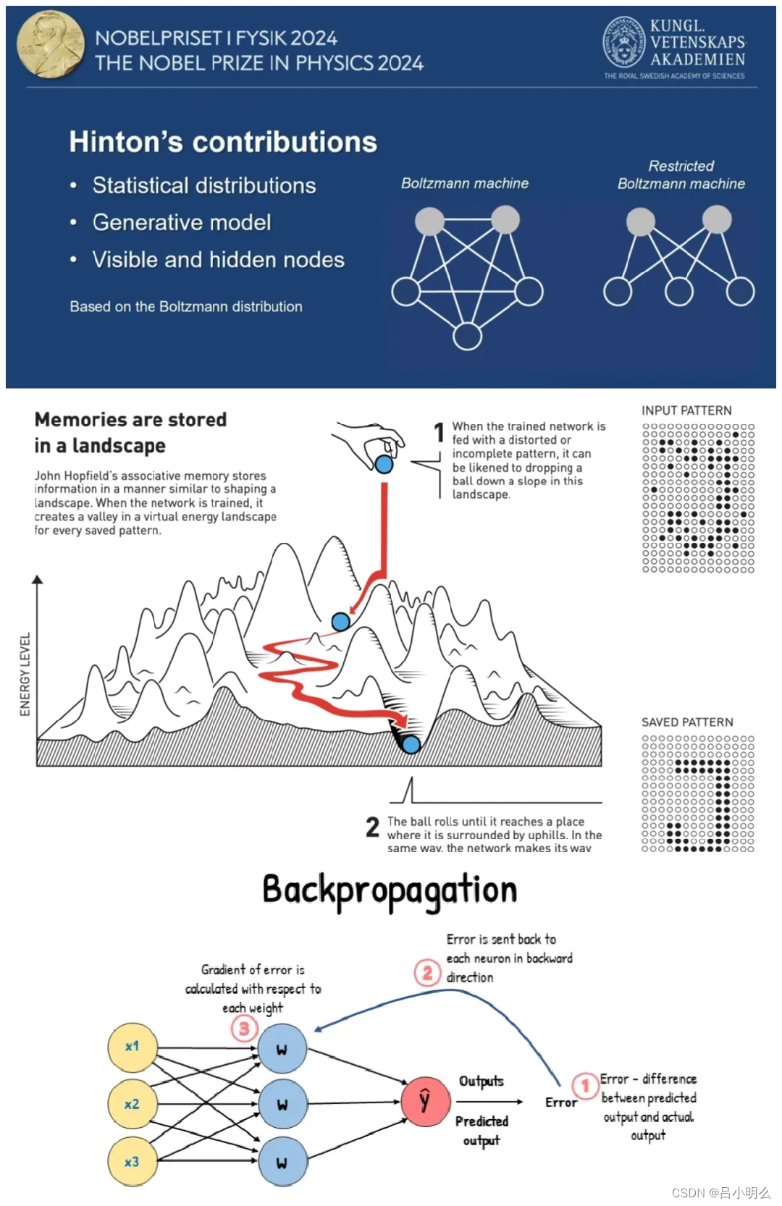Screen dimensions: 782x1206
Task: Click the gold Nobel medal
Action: [50, 44]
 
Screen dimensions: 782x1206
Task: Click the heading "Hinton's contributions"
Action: [223, 142]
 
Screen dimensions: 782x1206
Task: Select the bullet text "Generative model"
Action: [182, 222]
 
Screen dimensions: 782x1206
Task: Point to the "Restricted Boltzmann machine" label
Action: [681, 175]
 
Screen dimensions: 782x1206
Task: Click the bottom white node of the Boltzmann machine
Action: [467, 337]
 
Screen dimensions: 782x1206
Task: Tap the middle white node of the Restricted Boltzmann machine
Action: [679, 292]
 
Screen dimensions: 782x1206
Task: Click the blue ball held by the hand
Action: [384, 463]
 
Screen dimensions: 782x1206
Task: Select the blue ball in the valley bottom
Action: [411, 744]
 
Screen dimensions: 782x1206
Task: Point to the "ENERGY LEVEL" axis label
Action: [25, 674]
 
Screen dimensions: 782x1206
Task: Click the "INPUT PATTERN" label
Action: [686, 410]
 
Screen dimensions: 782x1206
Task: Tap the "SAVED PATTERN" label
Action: [687, 722]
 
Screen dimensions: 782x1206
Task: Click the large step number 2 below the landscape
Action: [372, 827]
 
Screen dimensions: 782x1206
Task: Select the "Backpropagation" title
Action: [390, 890]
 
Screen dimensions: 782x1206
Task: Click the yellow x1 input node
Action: [132, 1047]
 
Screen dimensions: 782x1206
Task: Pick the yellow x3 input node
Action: [132, 1162]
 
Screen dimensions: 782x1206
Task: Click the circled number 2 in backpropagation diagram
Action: [427, 973]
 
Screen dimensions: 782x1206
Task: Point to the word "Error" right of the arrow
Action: [561, 1102]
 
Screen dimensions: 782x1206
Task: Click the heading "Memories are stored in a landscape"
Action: [130, 433]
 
